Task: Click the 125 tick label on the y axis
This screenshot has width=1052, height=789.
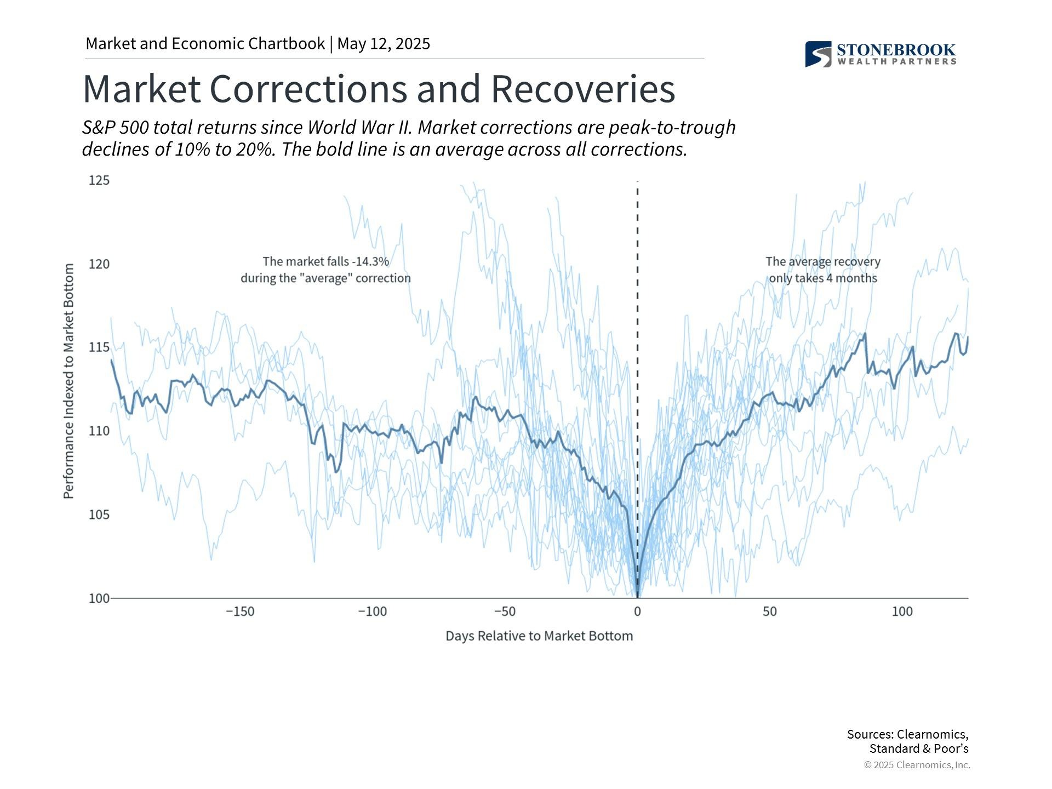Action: click(99, 180)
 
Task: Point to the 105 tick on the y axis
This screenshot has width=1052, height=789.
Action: click(99, 514)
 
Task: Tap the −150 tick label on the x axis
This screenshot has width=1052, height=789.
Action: click(240, 611)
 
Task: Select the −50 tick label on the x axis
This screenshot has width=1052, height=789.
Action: click(505, 611)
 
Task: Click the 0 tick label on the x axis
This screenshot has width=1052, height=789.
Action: click(637, 611)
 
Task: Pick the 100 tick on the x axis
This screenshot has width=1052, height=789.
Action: click(902, 611)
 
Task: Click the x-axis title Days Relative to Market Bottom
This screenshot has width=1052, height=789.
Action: click(539, 636)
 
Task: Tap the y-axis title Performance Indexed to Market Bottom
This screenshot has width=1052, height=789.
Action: click(68, 381)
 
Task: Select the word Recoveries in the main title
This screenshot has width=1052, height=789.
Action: click(583, 89)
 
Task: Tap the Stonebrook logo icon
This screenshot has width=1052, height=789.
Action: click(818, 54)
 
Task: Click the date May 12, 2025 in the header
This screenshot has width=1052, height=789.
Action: click(384, 44)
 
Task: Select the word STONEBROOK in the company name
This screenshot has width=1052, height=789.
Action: click(896, 50)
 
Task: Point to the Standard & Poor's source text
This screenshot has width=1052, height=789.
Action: click(919, 748)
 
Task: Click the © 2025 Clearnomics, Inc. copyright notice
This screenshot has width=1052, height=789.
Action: click(917, 765)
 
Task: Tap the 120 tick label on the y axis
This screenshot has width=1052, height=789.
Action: click(99, 264)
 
